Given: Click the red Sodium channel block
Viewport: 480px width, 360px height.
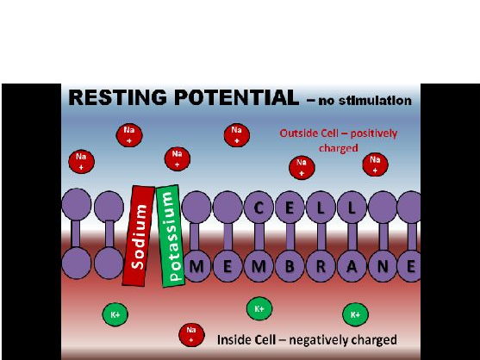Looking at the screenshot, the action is (x=139, y=236).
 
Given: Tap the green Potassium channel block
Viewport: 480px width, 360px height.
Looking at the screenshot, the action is (x=171, y=236).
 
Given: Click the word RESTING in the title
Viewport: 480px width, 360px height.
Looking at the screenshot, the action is (x=118, y=97).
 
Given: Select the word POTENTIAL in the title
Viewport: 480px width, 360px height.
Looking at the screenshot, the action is (x=236, y=97).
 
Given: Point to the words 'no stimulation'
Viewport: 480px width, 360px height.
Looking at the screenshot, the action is (x=365, y=101).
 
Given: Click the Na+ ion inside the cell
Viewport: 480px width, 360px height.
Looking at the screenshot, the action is (x=191, y=335).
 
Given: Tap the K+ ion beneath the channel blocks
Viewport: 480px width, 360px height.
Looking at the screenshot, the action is (x=115, y=314).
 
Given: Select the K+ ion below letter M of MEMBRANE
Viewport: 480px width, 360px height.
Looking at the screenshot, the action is (x=259, y=308).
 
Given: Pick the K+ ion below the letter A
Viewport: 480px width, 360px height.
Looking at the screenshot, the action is (x=355, y=314).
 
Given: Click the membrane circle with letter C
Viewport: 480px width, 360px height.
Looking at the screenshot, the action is (x=259, y=208).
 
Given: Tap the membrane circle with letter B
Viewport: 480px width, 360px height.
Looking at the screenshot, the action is (x=290, y=266).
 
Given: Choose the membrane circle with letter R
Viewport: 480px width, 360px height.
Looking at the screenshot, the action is (x=321, y=266).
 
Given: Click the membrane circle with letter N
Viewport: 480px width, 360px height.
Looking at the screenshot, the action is (x=383, y=266).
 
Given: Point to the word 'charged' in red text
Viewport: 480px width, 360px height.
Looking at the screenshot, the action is (x=339, y=148).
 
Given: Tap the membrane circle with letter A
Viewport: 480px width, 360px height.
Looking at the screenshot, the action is (x=352, y=266).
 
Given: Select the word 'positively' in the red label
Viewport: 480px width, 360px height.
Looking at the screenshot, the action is (x=373, y=133).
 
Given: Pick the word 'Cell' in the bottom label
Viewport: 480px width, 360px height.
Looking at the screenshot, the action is (x=265, y=340).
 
